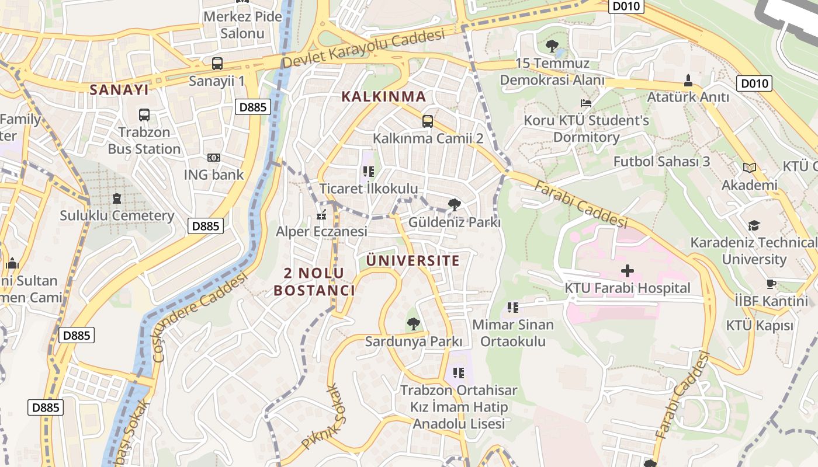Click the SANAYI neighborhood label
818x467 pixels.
[119, 89]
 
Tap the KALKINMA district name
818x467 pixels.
[383, 96]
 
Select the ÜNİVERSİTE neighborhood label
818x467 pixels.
[413, 260]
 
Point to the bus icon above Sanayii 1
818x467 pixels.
[217, 63]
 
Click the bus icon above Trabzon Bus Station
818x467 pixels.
[144, 115]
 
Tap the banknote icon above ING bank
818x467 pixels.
[214, 158]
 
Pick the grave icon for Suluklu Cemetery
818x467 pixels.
[117, 198]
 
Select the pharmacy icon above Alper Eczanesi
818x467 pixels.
[321, 215]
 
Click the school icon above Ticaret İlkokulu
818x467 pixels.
[368, 172]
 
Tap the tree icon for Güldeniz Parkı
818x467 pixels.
[454, 205]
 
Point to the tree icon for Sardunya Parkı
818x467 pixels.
[413, 323]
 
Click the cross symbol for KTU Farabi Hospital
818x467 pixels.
[627, 271]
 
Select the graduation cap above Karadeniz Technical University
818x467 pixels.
[754, 225]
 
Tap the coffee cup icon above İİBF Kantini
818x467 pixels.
[771, 284]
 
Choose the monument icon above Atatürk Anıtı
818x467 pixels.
[688, 80]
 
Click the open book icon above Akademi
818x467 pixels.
[749, 168]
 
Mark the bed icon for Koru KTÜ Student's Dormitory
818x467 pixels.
[586, 103]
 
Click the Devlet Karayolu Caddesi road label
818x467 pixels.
[363, 48]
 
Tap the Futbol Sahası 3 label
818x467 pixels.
[661, 161]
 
